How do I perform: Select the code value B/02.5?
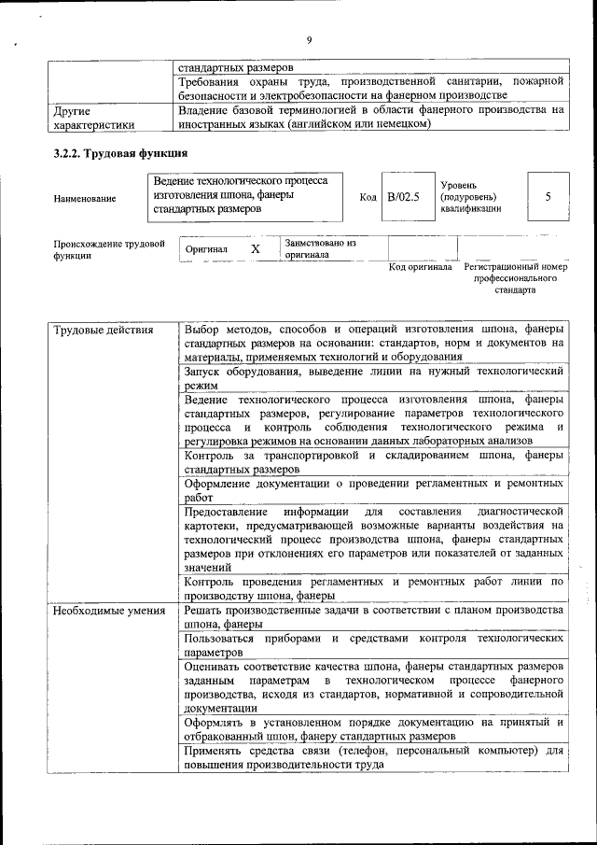point(405,197)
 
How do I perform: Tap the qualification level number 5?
point(548,197)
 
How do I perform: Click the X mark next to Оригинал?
point(255,249)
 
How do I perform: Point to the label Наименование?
point(85,198)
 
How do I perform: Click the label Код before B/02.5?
point(368,197)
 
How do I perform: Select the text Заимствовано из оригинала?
point(321,247)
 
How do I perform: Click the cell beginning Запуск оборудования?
point(373,377)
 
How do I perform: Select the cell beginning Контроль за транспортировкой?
point(373,461)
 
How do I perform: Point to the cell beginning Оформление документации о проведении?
point(373,491)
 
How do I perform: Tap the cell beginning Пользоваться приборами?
point(373,645)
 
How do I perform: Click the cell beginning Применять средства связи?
point(373,757)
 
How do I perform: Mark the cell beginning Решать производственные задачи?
point(373,616)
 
